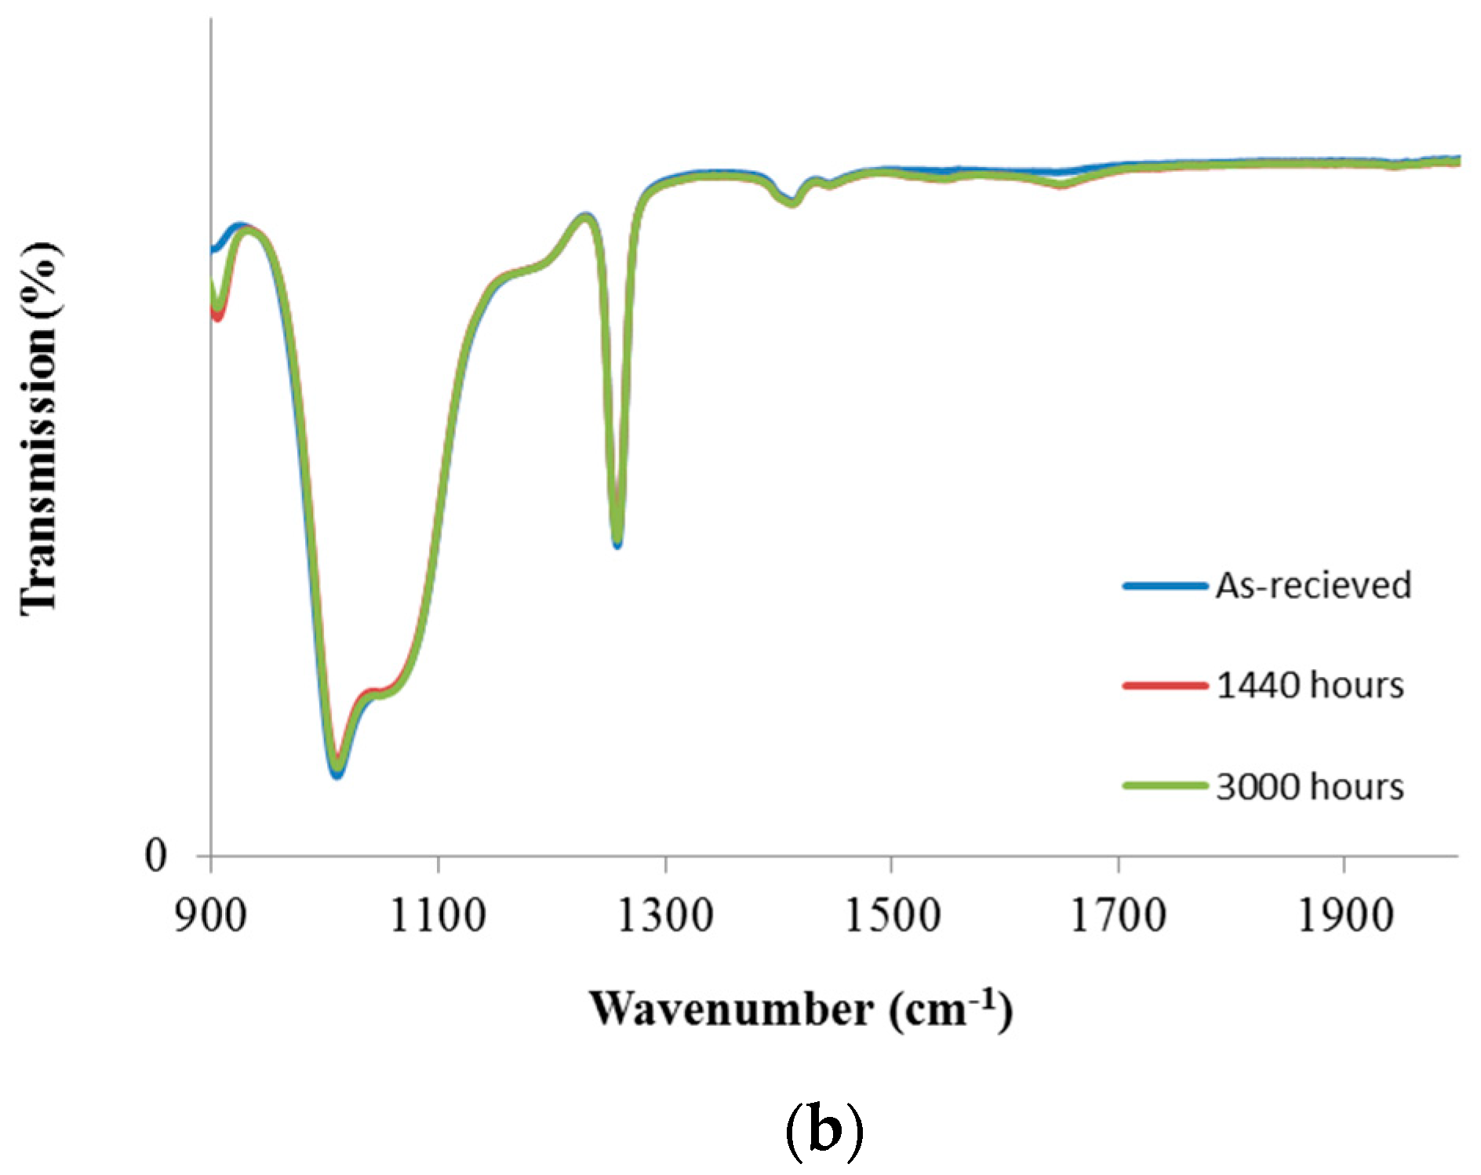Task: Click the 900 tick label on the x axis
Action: [210, 916]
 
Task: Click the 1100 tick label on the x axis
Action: [438, 916]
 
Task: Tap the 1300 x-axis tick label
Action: [665, 916]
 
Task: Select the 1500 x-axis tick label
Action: [892, 916]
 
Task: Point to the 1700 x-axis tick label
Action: [1119, 916]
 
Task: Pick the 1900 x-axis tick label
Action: [1345, 916]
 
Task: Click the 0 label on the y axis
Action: [156, 855]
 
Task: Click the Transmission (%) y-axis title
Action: [39, 427]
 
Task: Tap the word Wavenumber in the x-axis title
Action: [731, 1009]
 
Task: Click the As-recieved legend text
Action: [1313, 586]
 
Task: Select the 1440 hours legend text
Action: [1309, 686]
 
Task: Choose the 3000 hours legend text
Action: [1309, 787]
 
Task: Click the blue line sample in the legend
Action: [1165, 586]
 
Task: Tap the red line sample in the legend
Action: [1165, 686]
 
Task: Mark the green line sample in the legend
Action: [1165, 786]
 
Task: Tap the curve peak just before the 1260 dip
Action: [584, 216]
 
